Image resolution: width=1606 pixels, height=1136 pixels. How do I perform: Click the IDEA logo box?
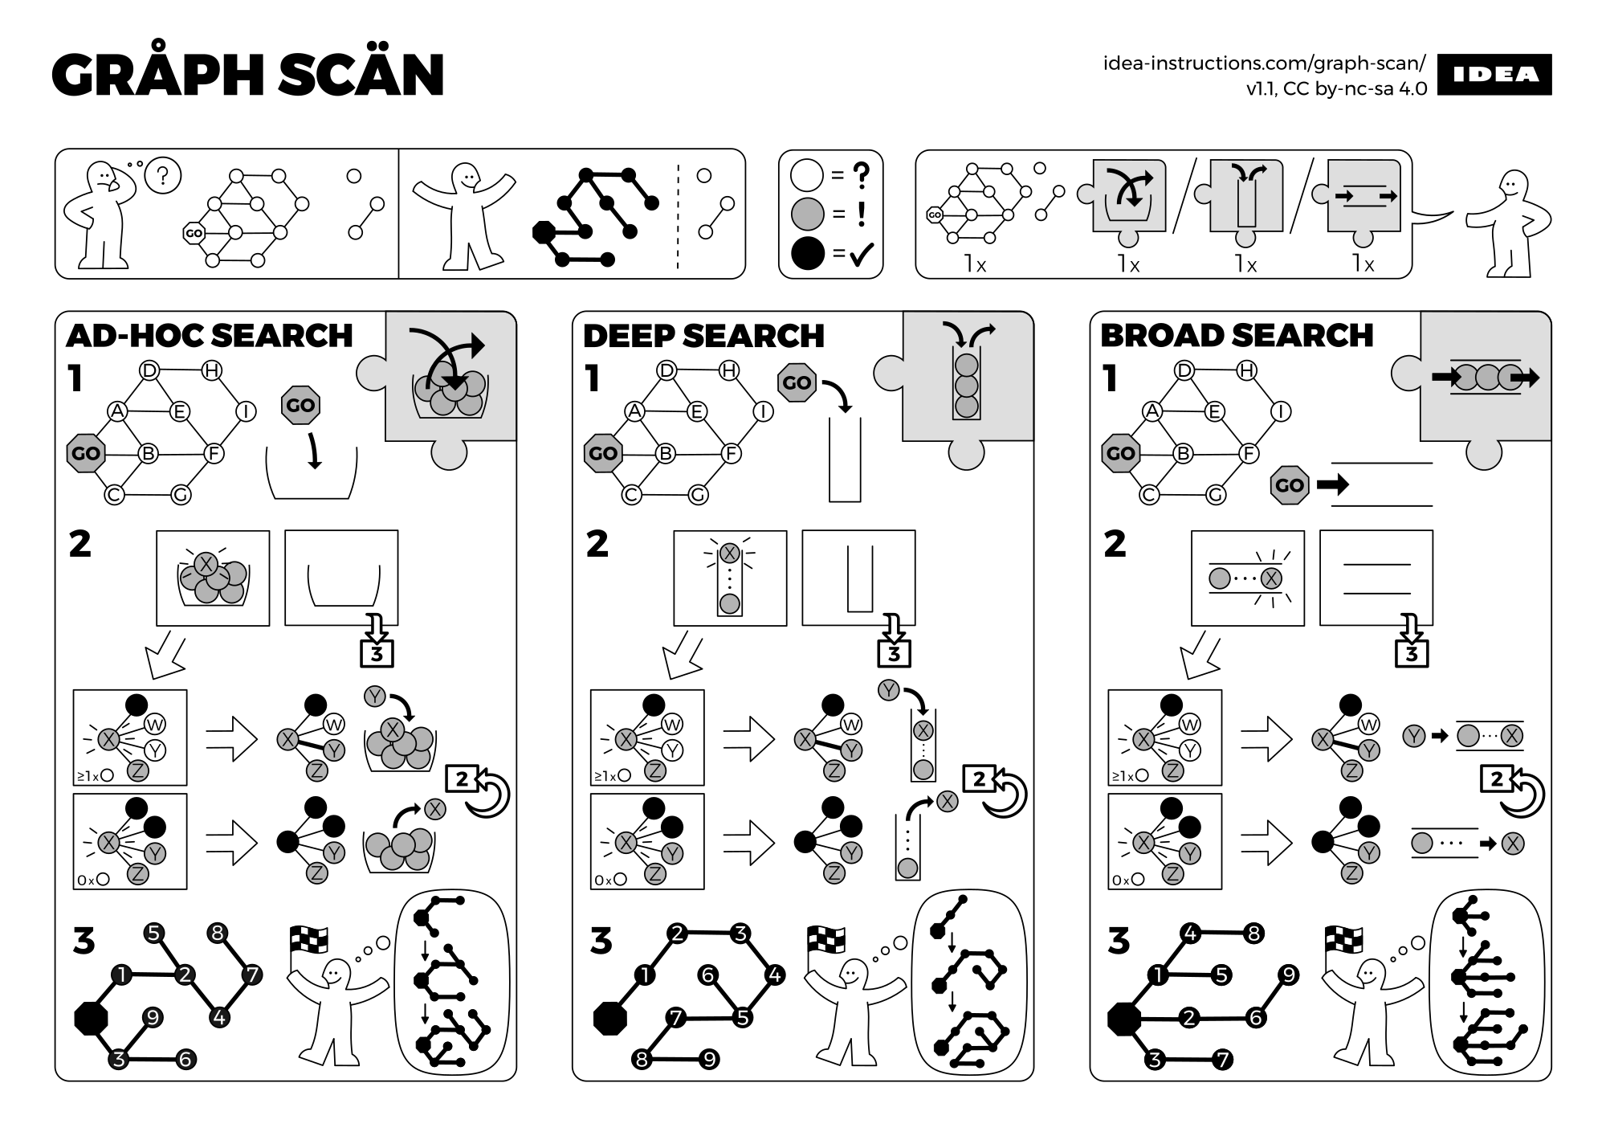pos(1494,75)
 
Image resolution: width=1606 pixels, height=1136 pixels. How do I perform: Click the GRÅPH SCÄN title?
pos(248,75)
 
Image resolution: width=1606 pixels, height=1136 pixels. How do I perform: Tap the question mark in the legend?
pos(861,174)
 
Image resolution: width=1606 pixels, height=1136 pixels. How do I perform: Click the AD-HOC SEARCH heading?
pos(210,336)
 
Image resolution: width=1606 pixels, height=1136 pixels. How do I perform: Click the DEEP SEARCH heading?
pos(703,336)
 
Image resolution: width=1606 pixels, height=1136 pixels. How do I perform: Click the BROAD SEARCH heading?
pos(1237,336)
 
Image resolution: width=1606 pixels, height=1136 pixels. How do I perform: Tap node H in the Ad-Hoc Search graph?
pos(212,370)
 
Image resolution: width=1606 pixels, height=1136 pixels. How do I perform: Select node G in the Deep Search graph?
pos(698,495)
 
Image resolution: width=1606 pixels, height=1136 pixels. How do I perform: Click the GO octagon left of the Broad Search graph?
pos(1120,453)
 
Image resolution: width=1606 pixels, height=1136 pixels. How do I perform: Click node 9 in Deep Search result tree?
pos(709,1060)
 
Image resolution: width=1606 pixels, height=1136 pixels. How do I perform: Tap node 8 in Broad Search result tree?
pos(1253,934)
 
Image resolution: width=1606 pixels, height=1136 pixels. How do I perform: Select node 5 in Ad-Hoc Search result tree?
pos(153,934)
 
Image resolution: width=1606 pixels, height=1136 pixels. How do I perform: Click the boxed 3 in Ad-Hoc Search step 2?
pos(377,654)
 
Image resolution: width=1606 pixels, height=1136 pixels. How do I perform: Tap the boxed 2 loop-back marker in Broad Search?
pos(1496,778)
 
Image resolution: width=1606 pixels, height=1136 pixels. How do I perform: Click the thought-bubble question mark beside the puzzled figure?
pos(163,174)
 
